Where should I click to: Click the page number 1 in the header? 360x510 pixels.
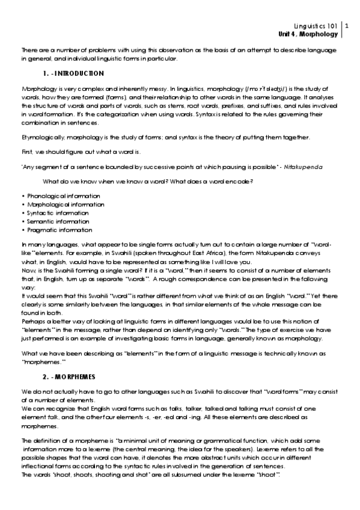pos(347,26)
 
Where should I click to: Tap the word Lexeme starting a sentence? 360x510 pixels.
pos(266,449)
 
